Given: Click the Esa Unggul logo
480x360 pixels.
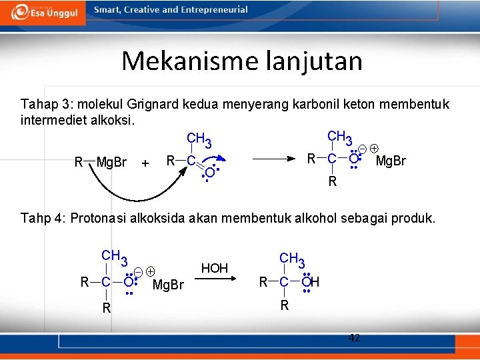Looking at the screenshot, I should tap(45, 12).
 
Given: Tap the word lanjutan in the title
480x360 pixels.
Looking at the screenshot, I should tap(314, 61).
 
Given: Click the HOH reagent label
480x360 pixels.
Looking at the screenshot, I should tap(215, 268).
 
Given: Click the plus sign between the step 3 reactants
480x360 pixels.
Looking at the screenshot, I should tap(145, 163).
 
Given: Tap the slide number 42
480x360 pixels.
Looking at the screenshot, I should tap(355, 338).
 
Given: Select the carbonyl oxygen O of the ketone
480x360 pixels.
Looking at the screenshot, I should tap(209, 173).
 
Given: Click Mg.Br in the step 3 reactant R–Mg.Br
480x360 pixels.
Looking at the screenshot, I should tap(111, 162).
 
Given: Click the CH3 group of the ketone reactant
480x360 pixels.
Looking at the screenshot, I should tap(199, 140).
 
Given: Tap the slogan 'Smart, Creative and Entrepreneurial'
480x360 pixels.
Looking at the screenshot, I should tap(171, 10).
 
